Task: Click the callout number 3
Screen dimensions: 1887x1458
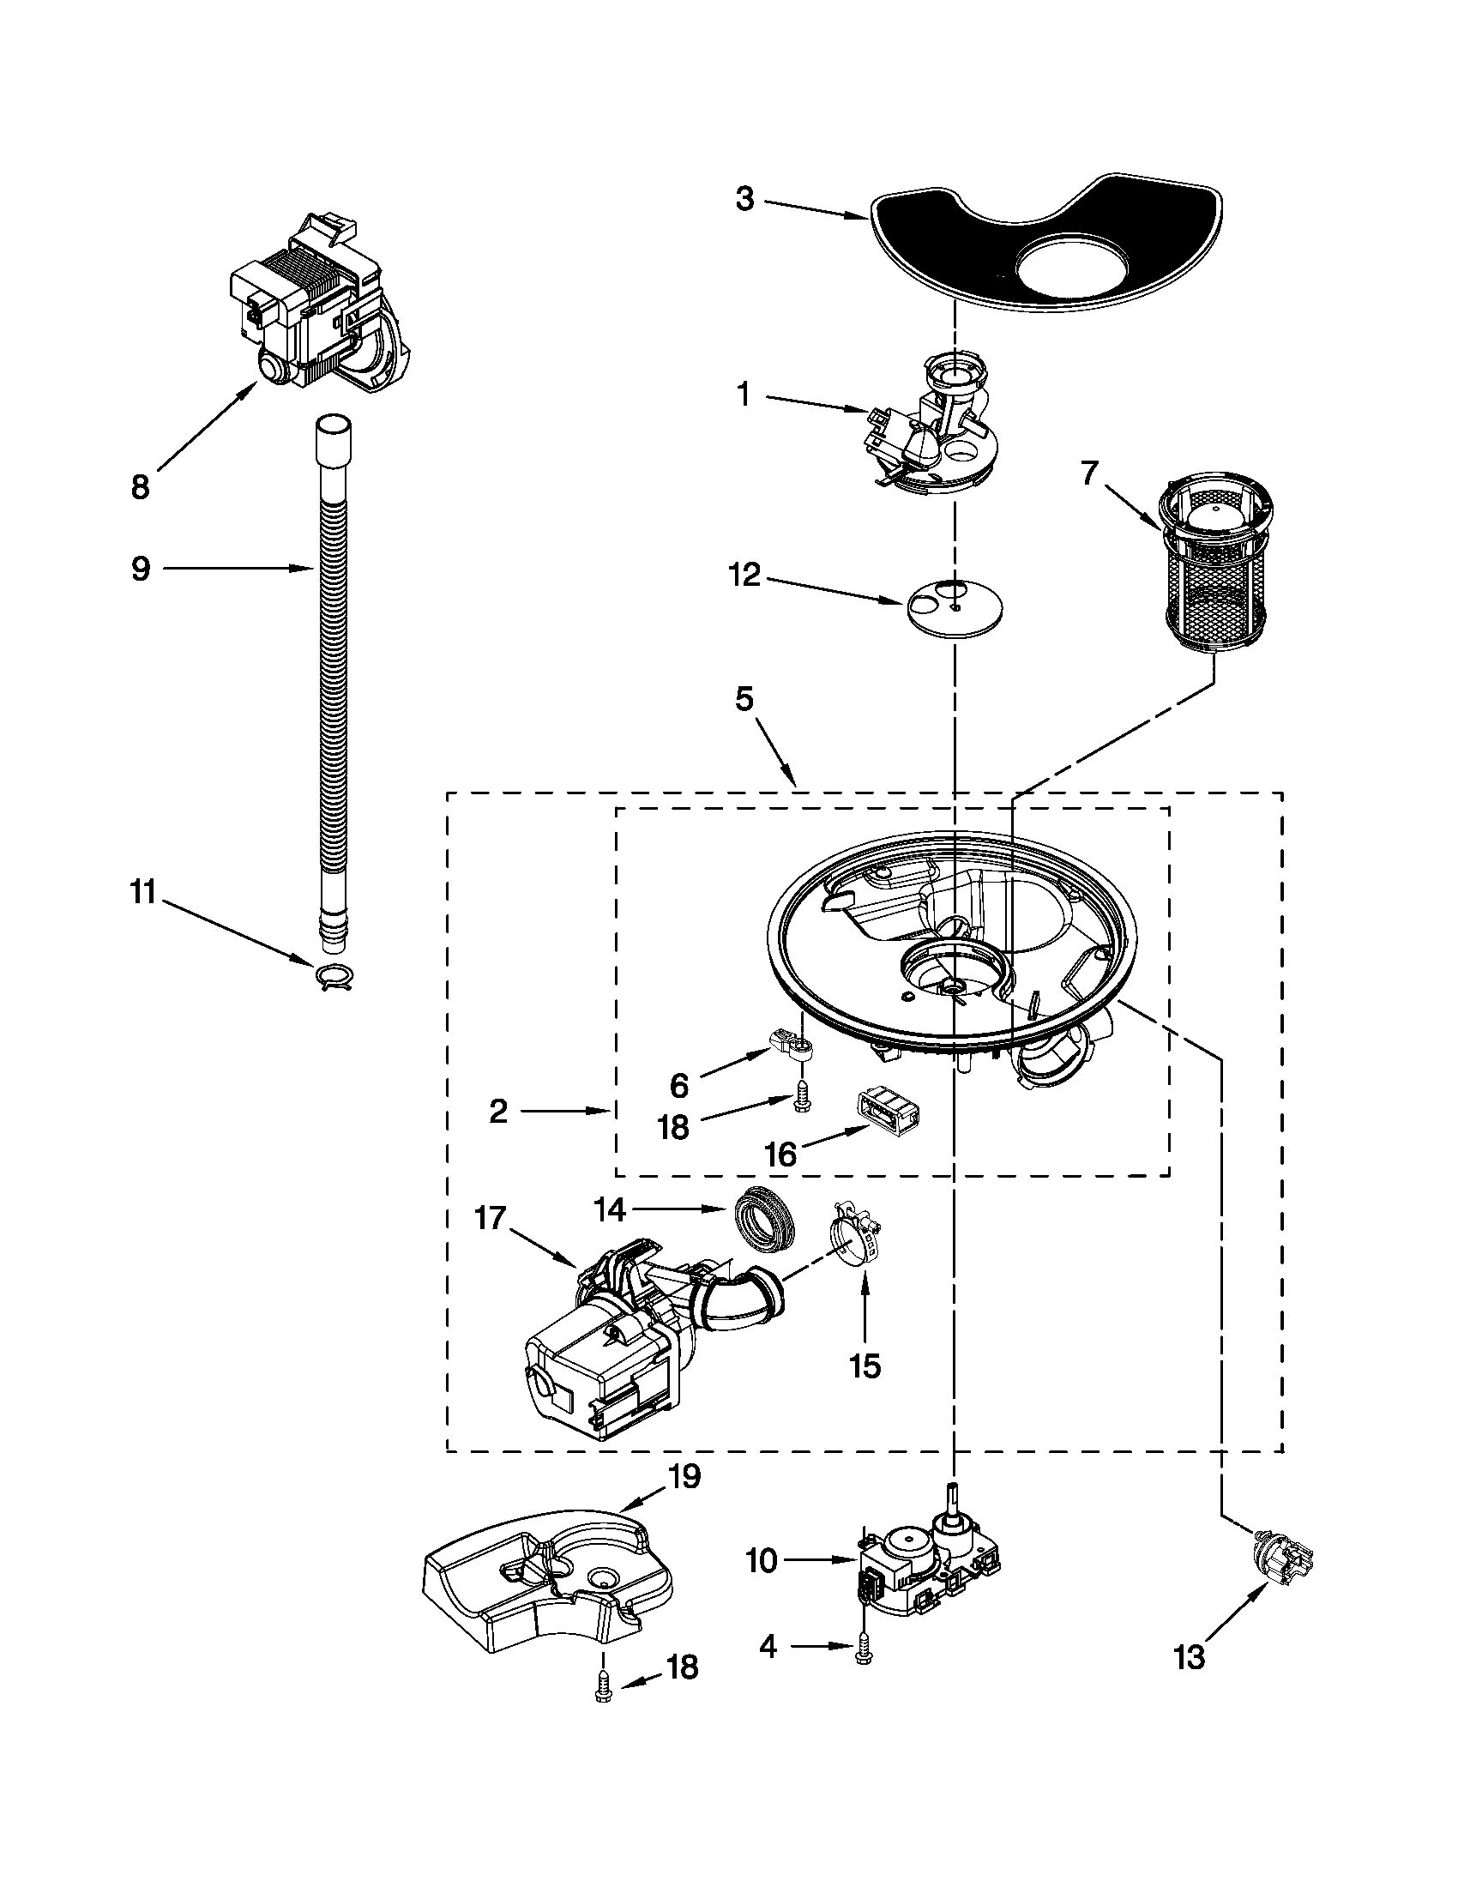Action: pos(744,200)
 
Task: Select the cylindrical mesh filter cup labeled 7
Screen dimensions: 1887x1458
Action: pos(1213,577)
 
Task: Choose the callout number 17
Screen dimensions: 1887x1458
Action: pos(491,1221)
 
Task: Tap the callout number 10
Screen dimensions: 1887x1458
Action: pos(762,1561)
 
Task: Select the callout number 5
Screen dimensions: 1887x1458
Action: pos(744,698)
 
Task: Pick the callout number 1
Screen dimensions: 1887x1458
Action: pos(743,395)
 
